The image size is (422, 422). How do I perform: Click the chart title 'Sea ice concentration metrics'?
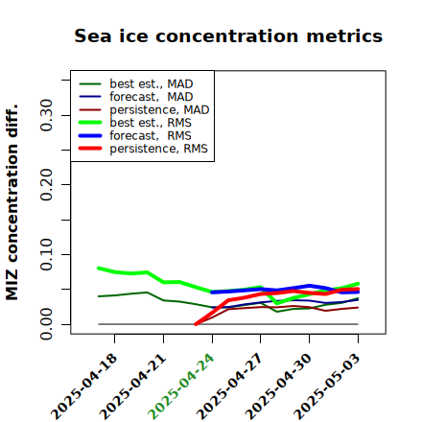[228, 35]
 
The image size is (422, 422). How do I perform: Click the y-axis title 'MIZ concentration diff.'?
[12, 202]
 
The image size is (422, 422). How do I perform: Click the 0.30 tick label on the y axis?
[46, 115]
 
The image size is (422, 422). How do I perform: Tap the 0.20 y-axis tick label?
[46, 185]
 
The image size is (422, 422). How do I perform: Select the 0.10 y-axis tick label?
[46, 254]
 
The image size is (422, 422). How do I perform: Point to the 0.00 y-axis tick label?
[46, 324]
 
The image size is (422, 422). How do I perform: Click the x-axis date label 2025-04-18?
[84, 387]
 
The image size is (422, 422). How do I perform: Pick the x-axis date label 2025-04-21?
[133, 387]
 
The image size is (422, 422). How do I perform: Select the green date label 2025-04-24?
[181, 387]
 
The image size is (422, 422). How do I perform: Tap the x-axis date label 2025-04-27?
[230, 387]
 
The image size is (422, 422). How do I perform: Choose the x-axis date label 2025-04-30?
[279, 387]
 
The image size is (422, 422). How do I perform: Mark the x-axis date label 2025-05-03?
[327, 387]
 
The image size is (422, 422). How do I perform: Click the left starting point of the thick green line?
[99, 269]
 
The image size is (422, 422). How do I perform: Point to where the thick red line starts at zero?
[196, 324]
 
